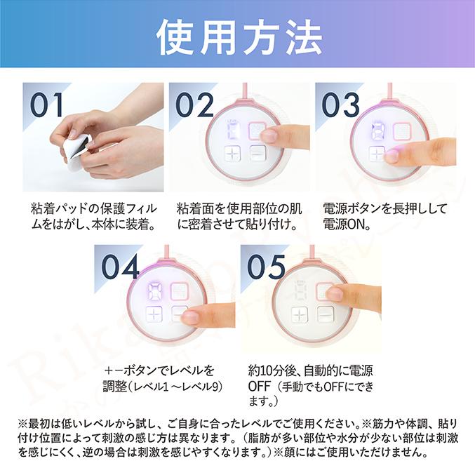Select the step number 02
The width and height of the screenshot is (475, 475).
click(194, 105)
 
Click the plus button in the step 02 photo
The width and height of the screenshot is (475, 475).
click(232, 155)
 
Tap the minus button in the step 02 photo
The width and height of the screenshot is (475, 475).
click(257, 155)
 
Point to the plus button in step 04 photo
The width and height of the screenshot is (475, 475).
click(154, 314)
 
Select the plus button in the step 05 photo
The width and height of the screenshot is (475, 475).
click(300, 314)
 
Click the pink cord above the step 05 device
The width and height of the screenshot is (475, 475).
click(314, 250)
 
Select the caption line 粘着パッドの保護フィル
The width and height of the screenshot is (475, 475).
click(96, 209)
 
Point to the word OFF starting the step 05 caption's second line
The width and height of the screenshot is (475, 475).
click(260, 387)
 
